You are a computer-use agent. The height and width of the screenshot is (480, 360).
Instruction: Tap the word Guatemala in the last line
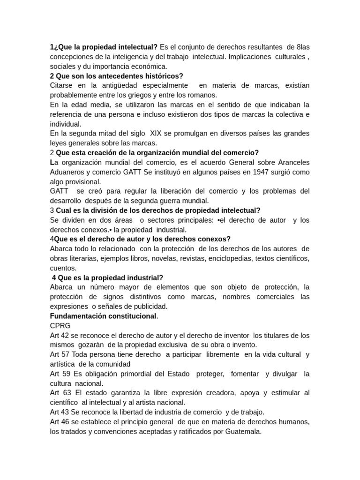[x=239, y=431]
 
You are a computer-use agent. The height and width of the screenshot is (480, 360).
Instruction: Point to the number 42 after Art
[x=67, y=335]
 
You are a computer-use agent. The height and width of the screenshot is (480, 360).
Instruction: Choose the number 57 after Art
[x=67, y=354]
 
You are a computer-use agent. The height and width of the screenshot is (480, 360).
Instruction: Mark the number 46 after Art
[x=67, y=421]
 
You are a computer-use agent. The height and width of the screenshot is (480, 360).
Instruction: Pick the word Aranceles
[x=291, y=162]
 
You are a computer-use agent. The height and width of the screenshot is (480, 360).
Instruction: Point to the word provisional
[x=82, y=181]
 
